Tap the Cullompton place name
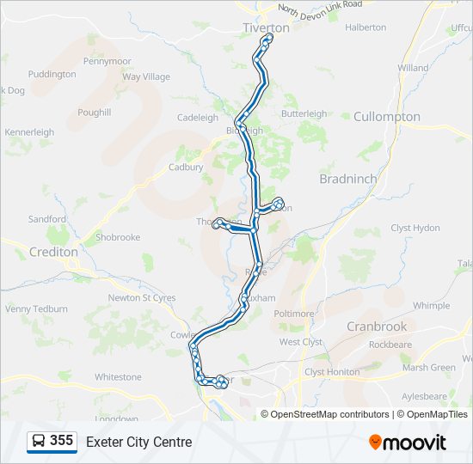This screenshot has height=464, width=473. coord(387,117)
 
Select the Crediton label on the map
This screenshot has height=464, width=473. coord(53,253)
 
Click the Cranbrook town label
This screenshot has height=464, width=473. coord(377,327)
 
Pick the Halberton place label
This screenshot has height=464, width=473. coord(365,27)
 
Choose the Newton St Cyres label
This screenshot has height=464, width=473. coord(142,298)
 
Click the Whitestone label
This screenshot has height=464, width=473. coord(118,377)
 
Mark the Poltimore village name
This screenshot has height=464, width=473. coord(294,314)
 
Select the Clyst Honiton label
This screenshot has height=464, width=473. coord(332,372)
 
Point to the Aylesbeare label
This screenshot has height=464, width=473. coord(424,396)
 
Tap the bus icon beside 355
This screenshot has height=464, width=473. coord(39,442)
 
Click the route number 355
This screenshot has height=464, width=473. coord(62,441)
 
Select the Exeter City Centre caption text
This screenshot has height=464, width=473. coord(138,443)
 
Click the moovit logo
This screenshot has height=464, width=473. coord(408,443)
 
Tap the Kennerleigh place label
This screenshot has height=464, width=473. coord(29,132)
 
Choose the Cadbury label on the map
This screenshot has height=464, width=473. coord(186,168)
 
